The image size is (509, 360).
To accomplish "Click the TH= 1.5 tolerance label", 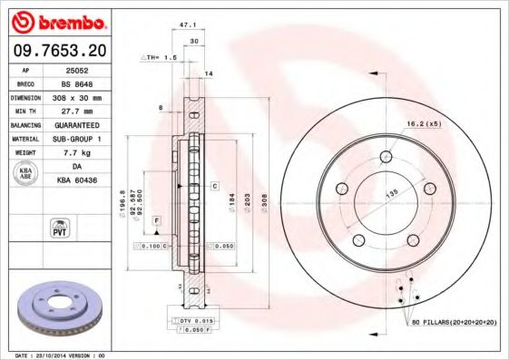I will (x=160, y=56).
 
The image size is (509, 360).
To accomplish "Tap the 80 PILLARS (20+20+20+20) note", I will (x=454, y=321).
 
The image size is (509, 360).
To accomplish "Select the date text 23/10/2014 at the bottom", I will (x=64, y=355).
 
